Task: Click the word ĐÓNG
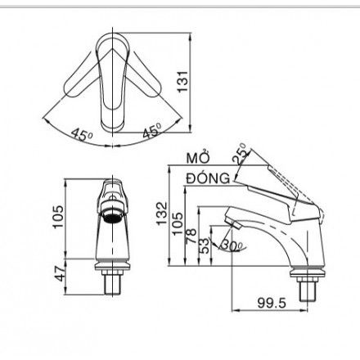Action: point(207,177)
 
